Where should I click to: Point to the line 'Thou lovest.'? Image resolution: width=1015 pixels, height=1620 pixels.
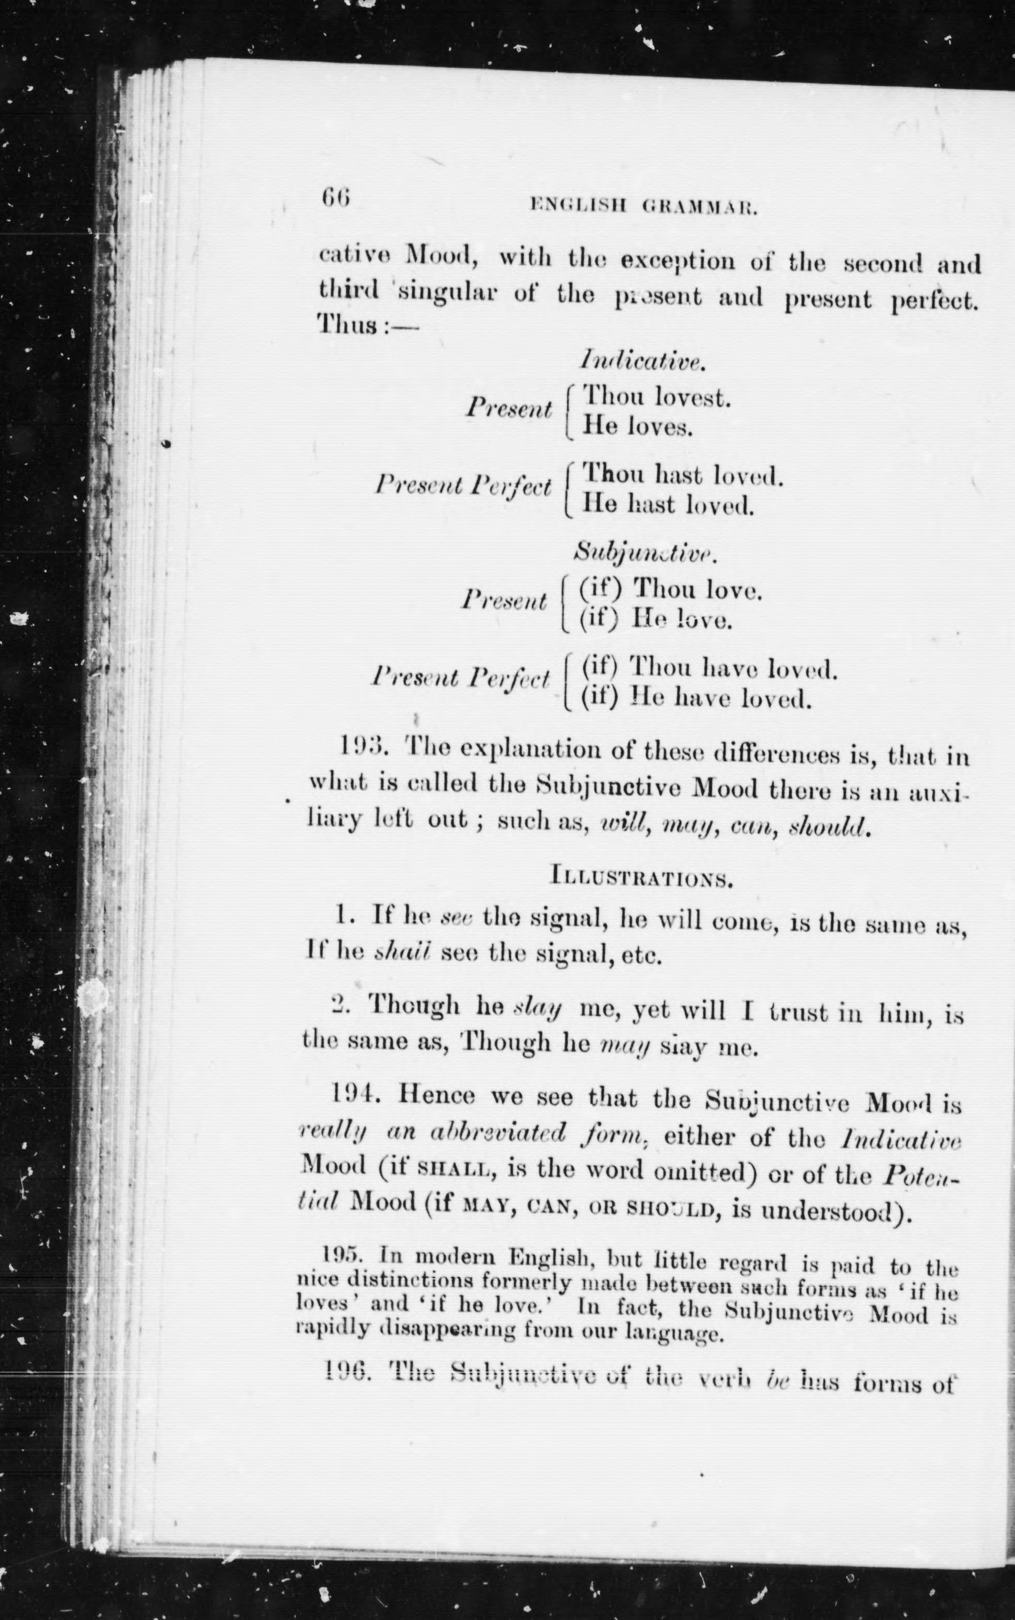[x=655, y=397]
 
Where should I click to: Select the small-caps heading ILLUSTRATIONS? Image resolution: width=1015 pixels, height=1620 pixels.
[x=641, y=877]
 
